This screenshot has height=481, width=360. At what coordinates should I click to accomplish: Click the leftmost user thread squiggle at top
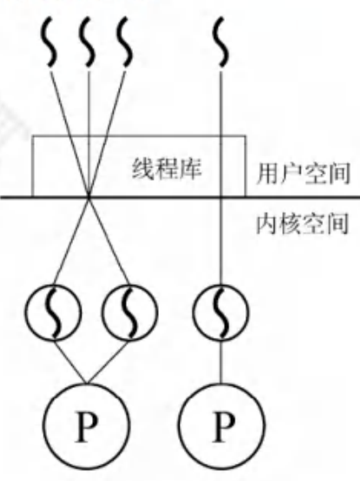tap(49, 42)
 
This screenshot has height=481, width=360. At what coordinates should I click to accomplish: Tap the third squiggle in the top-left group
tap(125, 42)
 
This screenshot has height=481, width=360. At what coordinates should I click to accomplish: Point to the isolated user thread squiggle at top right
tap(221, 42)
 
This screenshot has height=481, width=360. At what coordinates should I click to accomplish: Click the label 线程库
tap(167, 168)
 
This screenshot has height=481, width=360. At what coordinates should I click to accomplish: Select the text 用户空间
tap(304, 174)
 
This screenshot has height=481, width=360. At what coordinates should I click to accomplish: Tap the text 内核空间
tap(303, 224)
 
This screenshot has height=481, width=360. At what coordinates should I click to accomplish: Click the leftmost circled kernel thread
tap(54, 312)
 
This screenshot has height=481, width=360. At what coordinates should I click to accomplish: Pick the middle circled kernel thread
tap(130, 312)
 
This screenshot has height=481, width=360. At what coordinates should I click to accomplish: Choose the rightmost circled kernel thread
tap(221, 312)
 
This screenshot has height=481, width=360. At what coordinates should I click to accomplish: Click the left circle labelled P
tap(87, 426)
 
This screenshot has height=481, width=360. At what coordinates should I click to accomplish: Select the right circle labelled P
tap(221, 426)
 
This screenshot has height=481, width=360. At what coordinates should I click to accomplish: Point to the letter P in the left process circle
tap(87, 426)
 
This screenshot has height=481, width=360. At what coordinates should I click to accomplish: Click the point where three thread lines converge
tap(88, 196)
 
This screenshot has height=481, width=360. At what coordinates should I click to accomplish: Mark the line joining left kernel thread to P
tap(70, 361)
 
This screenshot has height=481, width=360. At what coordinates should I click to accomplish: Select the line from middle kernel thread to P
tap(108, 361)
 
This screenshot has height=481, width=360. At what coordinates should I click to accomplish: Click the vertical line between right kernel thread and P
tap(221, 361)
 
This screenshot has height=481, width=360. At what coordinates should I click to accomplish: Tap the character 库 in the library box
tap(191, 168)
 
